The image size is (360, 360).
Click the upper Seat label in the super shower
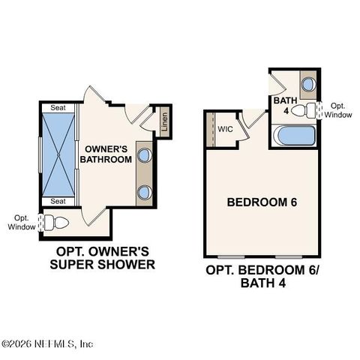point(57,108)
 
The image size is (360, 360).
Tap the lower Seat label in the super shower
point(57,201)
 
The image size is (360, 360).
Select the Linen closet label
point(163,122)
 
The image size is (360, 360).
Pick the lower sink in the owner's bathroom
point(144,191)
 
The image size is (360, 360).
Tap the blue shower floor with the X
point(57,154)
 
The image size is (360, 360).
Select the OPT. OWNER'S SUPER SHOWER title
point(102,258)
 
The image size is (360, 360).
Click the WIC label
point(225,130)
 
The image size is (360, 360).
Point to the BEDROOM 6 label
point(259,202)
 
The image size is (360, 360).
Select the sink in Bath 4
point(307,85)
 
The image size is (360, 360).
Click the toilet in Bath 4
point(303,111)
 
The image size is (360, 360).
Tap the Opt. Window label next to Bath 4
point(341,110)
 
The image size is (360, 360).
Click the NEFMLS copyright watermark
point(48,344)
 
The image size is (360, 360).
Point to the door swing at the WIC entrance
point(254,118)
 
